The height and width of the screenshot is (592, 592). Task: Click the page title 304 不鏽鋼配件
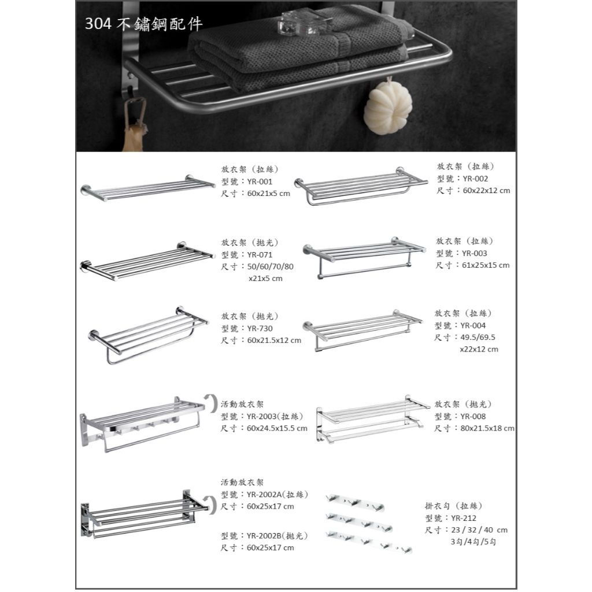click(143, 24)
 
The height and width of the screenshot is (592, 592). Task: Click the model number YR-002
click(475, 179)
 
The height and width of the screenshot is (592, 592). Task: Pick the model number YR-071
click(259, 254)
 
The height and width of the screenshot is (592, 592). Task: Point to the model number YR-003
click(473, 253)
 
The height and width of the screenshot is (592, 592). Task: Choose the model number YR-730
click(259, 328)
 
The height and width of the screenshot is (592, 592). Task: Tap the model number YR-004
click(473, 325)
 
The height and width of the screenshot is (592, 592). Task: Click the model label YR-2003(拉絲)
click(275, 416)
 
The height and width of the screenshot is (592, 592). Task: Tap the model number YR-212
click(463, 518)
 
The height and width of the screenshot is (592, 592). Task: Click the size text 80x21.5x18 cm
click(487, 428)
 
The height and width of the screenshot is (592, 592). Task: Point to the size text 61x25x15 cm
click(485, 265)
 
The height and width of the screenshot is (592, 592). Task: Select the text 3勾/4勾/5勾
click(473, 542)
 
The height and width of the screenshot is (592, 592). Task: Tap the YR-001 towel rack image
click(147, 188)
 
